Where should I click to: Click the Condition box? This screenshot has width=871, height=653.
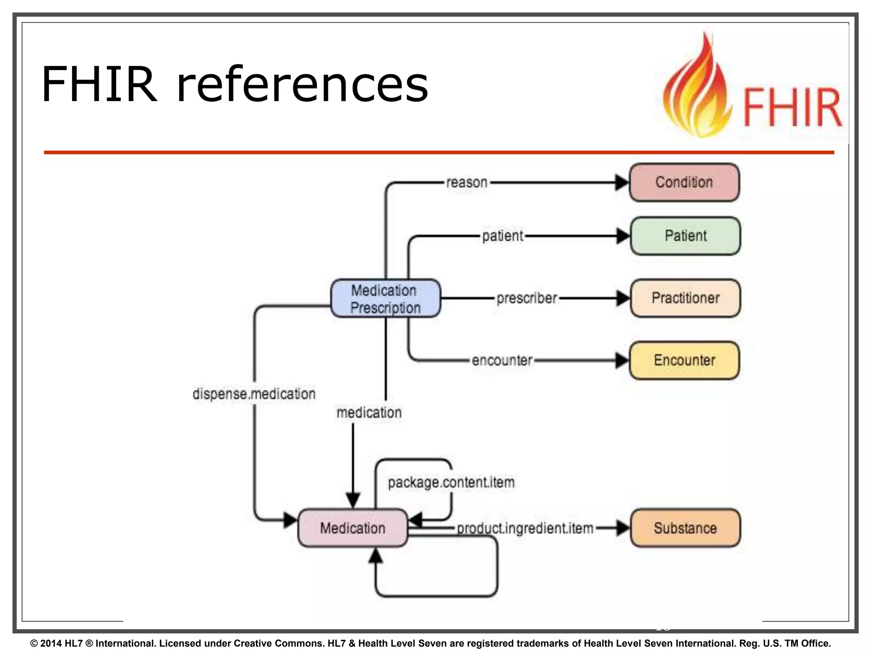(684, 182)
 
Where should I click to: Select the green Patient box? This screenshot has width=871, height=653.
(685, 236)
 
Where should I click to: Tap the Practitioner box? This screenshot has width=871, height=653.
(685, 298)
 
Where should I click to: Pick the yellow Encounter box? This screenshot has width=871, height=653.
(684, 360)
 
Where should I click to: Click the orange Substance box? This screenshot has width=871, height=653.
(685, 528)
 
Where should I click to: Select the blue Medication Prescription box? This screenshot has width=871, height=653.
(385, 298)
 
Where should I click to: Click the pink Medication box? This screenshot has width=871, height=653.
(353, 528)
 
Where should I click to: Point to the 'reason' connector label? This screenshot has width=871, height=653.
(467, 182)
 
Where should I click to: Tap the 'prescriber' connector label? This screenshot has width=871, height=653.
(527, 298)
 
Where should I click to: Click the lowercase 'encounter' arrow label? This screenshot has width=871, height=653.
(502, 360)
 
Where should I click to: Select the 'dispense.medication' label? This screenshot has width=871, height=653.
(254, 394)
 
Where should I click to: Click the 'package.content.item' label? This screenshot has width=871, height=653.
(451, 482)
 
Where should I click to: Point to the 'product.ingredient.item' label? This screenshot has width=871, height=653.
(525, 528)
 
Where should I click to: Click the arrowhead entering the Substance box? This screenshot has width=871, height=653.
(623, 528)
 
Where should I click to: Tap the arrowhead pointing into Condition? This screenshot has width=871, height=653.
(622, 182)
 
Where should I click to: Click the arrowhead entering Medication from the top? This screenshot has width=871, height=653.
(353, 500)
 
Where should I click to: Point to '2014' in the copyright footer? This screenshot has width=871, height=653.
(51, 643)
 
